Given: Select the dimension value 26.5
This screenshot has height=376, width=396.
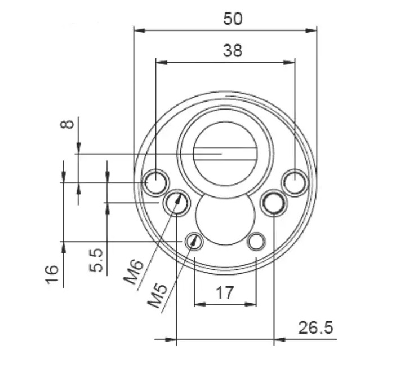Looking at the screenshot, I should tap(315, 327).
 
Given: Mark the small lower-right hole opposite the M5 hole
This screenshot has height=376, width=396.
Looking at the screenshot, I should tap(256, 242).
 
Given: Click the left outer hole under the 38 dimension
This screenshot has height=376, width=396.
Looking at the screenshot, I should tap(155, 182).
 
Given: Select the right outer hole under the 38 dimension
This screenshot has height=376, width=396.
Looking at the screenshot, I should tap(295, 182).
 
